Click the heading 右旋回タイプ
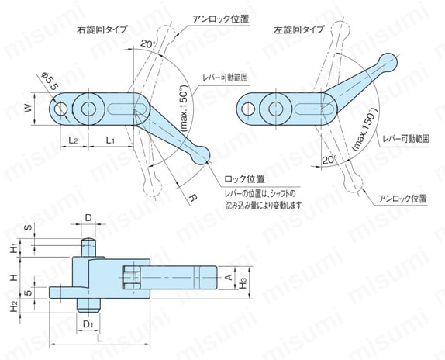click(102, 29)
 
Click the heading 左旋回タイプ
click(298, 29)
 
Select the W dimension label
click(28, 108)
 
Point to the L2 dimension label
click(73, 140)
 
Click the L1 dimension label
click(110, 140)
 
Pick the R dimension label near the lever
click(193, 198)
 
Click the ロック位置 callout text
click(244, 179)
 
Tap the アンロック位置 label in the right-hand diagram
click(402, 199)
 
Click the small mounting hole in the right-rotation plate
click(60, 109)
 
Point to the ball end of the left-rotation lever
click(388, 63)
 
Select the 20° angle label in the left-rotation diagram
click(329, 160)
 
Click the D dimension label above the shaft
click(88, 218)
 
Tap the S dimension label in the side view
click(28, 227)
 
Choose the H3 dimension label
click(243, 283)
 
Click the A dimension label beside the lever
click(229, 278)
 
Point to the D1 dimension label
click(88, 324)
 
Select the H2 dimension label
click(14, 306)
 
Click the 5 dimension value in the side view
click(29, 292)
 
